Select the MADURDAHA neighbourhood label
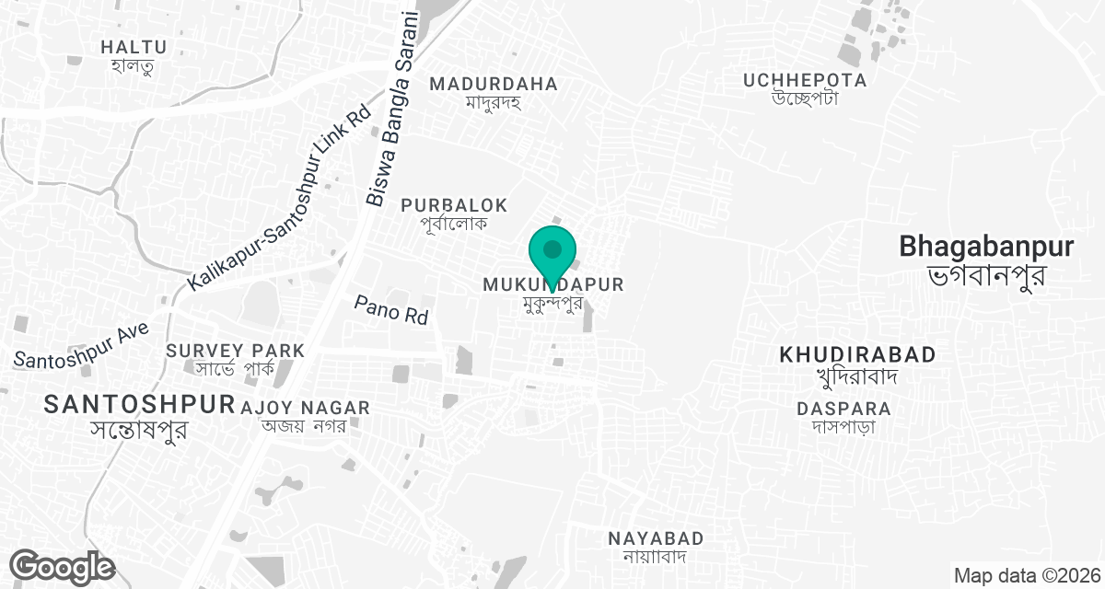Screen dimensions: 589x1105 (x=494, y=84)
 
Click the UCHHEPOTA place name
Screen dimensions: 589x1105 (x=805, y=80)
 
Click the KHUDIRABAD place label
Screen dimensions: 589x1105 (x=857, y=354)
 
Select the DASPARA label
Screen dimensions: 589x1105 (x=844, y=408)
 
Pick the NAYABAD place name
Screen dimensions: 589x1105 (x=656, y=538)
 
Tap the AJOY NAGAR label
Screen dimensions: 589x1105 (x=304, y=407)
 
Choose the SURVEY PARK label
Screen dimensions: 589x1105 (x=235, y=351)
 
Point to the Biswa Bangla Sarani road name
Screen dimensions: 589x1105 (x=392, y=110)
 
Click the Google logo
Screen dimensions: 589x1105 (x=62, y=566)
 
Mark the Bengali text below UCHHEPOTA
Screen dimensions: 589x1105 (x=805, y=99)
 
